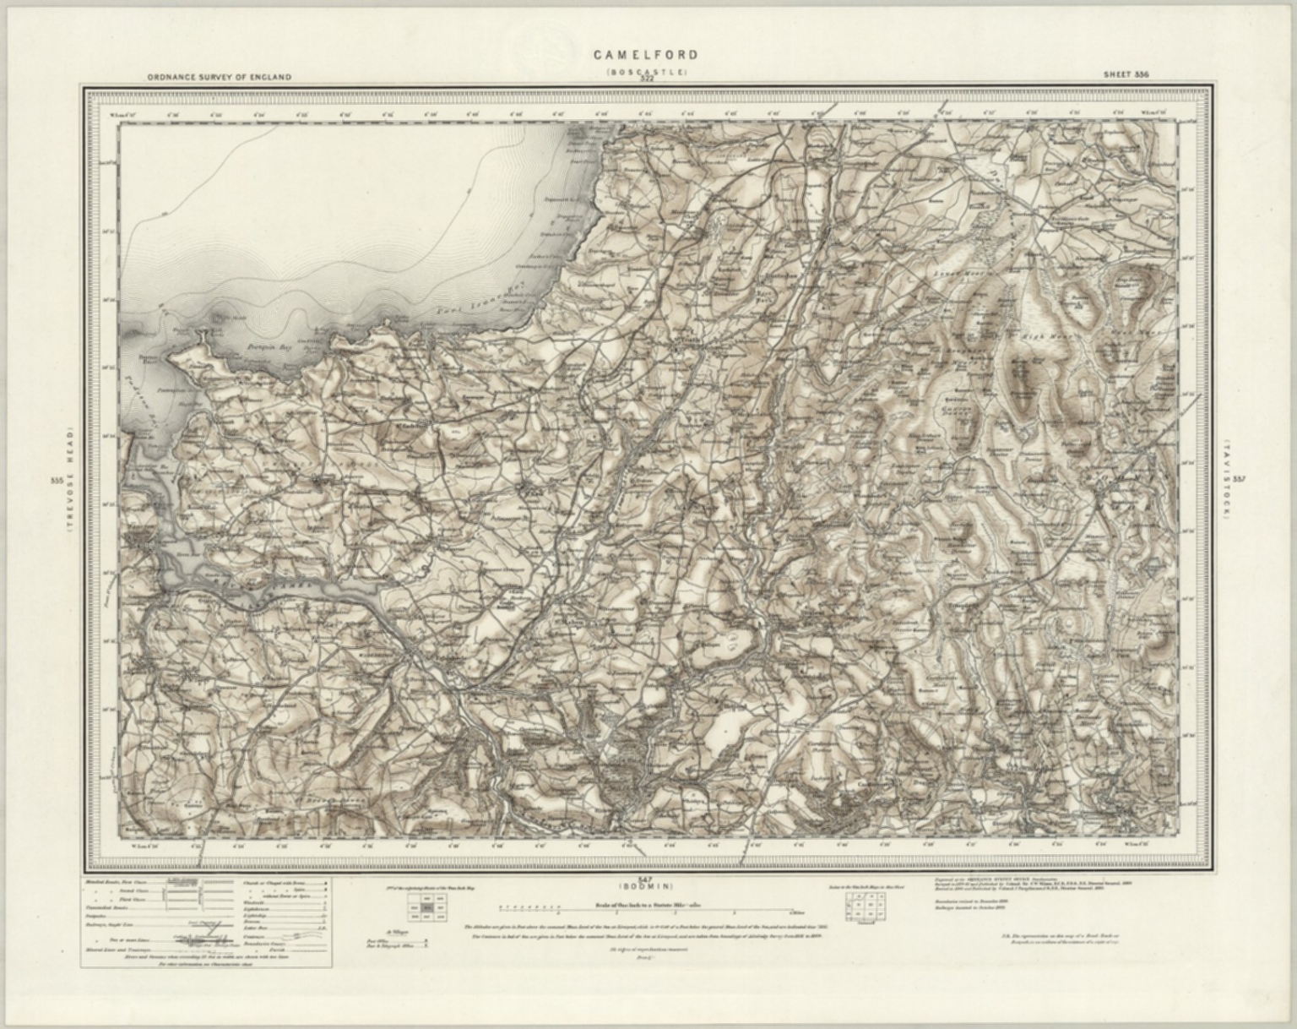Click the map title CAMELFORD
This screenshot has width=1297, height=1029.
pyautogui.click(x=646, y=56)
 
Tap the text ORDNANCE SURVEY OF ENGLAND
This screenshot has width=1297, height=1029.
pyautogui.click(x=219, y=77)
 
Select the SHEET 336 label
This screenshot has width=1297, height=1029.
pyautogui.click(x=1126, y=74)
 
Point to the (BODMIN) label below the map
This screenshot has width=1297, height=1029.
pyautogui.click(x=646, y=886)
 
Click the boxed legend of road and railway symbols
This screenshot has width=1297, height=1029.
pyautogui.click(x=208, y=922)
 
